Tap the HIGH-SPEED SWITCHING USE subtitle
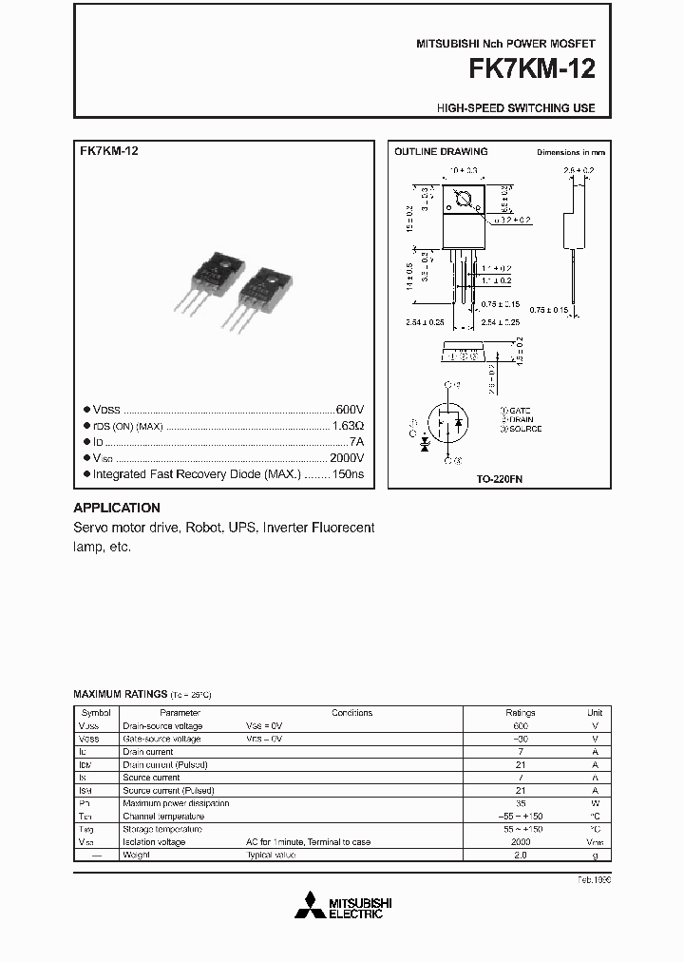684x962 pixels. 516,108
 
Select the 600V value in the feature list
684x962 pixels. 350,409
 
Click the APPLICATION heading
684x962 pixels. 117,508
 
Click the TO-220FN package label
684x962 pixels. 500,480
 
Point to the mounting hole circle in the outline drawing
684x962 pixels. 465,201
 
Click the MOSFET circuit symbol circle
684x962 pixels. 447,422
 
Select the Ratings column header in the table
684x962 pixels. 521,712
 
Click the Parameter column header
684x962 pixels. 180,712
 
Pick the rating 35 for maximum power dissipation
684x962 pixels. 521,803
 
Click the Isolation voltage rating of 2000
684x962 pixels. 521,842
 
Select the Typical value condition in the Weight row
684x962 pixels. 272,855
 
